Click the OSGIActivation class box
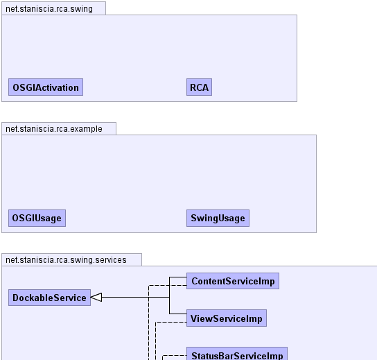(46, 87)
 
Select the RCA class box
(199, 87)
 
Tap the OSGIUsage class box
(37, 218)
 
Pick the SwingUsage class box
(218, 218)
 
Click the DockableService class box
(49, 298)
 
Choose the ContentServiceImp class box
(233, 281)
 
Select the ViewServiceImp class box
(227, 318)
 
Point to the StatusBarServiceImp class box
(237, 354)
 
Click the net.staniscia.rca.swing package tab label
(49, 9)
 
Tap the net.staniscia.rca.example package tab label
(54, 129)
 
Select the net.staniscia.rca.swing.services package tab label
(66, 260)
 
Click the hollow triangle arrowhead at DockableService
(96, 298)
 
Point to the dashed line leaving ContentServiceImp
(148, 323)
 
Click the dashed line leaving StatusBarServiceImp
(175, 355)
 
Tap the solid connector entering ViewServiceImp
(169, 306)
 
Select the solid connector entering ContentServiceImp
(169, 287)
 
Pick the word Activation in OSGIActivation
(60, 87)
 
